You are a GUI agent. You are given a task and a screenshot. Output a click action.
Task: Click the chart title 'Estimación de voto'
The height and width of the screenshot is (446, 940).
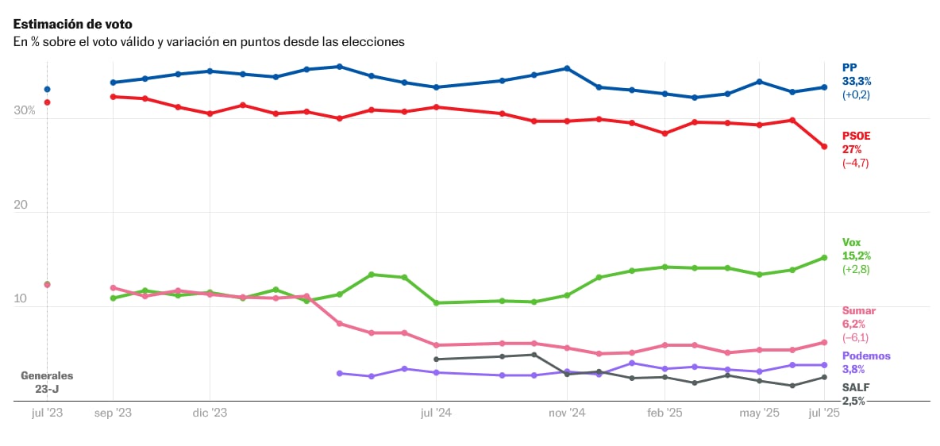(x=72, y=25)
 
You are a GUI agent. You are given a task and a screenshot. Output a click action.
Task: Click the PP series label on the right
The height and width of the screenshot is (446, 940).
(x=849, y=67)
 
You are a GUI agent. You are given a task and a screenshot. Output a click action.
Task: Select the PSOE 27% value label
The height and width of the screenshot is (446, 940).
(x=852, y=149)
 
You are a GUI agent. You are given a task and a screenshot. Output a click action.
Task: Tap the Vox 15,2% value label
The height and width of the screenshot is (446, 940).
(x=857, y=256)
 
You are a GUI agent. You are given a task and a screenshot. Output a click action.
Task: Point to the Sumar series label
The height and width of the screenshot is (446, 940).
(x=858, y=310)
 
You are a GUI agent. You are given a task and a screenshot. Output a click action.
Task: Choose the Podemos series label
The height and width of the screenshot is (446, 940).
(x=866, y=356)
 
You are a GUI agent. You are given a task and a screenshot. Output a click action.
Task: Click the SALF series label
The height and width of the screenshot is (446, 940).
(x=854, y=386)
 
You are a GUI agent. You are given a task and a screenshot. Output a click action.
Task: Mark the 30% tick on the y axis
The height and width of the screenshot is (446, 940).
(x=24, y=110)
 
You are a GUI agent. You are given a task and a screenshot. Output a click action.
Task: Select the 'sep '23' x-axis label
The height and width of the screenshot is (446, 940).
(x=113, y=413)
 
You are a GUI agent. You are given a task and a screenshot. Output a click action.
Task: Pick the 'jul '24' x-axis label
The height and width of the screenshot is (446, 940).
(x=436, y=413)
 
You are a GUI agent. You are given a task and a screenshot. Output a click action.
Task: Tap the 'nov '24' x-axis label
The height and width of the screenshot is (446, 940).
(x=567, y=413)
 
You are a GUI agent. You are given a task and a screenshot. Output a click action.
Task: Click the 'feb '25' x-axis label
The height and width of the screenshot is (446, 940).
(x=665, y=413)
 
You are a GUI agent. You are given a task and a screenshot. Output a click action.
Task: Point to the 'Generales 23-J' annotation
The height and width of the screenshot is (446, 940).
(x=47, y=382)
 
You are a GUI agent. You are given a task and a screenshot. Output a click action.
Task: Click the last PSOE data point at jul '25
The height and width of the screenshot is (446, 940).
(x=824, y=147)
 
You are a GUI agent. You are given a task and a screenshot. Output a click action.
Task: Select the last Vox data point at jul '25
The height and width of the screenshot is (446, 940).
(x=824, y=257)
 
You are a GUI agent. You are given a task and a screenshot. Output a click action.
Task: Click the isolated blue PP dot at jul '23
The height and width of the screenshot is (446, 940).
(x=47, y=90)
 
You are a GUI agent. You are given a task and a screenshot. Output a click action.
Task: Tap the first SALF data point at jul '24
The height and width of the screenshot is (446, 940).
(x=436, y=359)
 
